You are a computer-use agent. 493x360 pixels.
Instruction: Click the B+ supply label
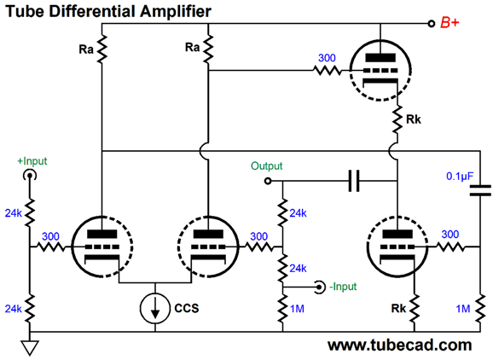tap(449, 23)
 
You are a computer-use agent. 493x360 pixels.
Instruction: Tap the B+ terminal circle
tap(432, 24)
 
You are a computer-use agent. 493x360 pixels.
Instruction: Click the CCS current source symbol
tap(155, 309)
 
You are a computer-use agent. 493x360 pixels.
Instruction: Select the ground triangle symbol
tap(30, 348)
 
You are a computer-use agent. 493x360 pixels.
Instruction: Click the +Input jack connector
tap(30, 175)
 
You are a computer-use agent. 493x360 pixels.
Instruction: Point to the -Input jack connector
tap(319, 287)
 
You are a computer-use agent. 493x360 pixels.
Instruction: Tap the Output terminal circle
tap(268, 181)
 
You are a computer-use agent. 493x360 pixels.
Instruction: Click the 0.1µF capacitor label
tap(460, 177)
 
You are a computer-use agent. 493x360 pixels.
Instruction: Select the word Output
tap(267, 165)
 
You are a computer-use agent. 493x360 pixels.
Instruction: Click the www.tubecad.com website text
tap(399, 345)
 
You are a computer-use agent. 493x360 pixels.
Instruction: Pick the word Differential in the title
tap(93, 11)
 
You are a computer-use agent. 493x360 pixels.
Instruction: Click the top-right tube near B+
tap(380, 70)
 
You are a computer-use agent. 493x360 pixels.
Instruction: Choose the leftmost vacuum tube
tap(102, 247)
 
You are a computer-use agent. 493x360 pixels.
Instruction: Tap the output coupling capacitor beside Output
tap(354, 181)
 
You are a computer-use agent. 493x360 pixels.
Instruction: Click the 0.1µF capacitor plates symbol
tap(480, 191)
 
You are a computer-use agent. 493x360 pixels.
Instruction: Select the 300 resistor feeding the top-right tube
tap(327, 70)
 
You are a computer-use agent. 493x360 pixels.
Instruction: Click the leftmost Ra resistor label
tap(86, 49)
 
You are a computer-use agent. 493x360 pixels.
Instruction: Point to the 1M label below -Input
tap(297, 309)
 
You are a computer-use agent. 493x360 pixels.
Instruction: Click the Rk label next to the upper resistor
tap(413, 119)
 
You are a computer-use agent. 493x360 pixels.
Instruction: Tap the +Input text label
tap(32, 161)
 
